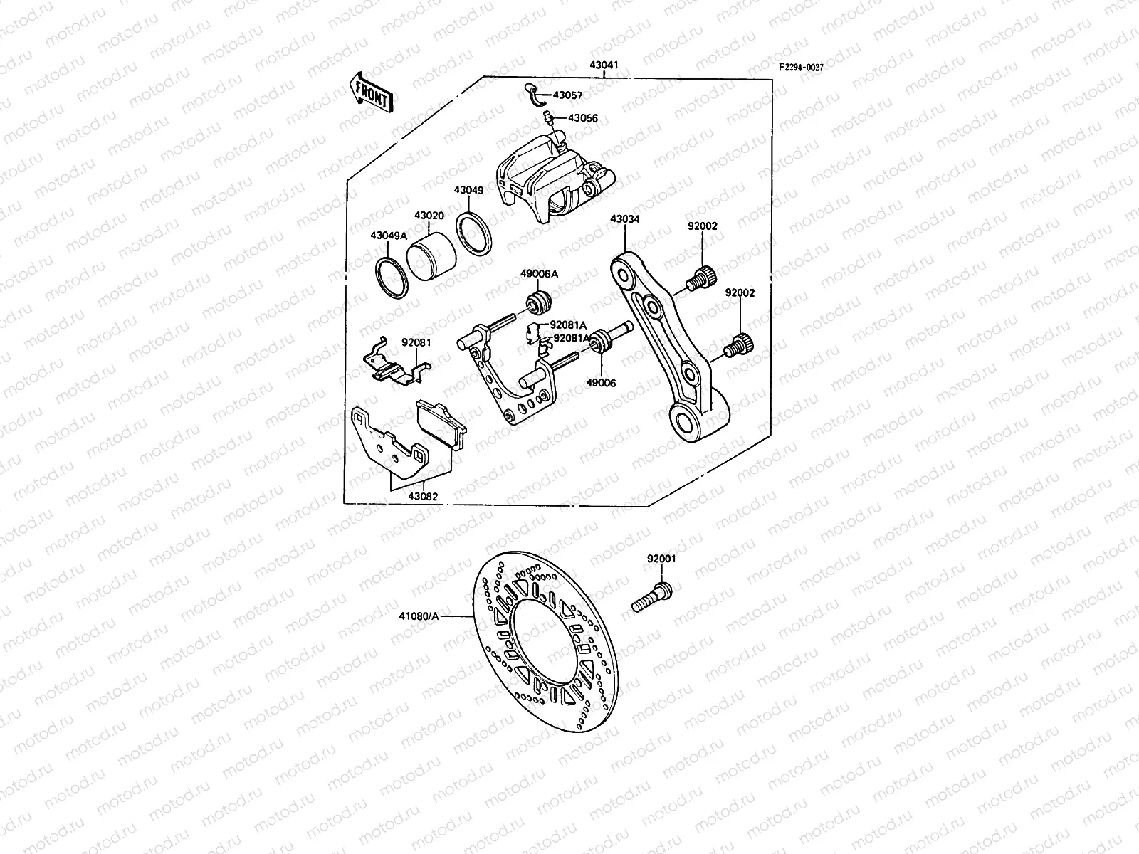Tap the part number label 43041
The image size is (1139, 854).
604,65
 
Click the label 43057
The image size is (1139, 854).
567,95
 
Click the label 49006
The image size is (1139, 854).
602,383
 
